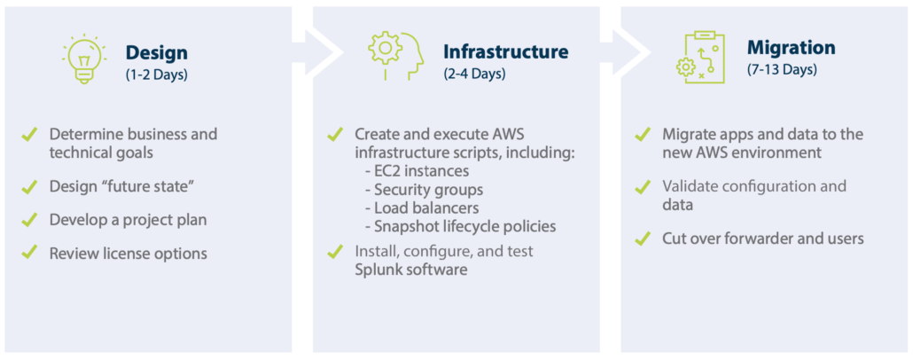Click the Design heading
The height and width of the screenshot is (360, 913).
(157, 53)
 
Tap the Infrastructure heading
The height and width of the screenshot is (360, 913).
(506, 51)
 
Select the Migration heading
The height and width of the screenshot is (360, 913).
(792, 47)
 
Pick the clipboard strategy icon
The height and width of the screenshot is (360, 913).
(700, 58)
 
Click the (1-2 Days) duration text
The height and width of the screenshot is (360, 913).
(157, 75)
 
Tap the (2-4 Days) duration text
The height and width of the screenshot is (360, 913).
(474, 74)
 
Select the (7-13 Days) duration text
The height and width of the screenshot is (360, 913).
(782, 69)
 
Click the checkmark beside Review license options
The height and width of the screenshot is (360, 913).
(28, 252)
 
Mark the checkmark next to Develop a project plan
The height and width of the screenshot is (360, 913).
(28, 219)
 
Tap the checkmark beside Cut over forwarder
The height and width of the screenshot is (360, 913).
(642, 238)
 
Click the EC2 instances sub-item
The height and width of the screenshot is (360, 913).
(417, 172)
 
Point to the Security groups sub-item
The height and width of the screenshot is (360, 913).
(424, 190)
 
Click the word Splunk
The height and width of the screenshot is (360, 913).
(376, 270)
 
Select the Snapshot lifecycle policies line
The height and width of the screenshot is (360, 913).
(460, 226)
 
